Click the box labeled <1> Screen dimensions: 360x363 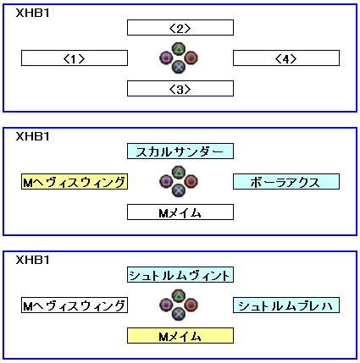(75, 58)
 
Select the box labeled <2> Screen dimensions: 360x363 (180, 28)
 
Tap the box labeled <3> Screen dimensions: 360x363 (180, 89)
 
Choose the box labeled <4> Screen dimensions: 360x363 (286, 58)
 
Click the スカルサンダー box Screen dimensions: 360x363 (180, 151)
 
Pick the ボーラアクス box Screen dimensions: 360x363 (286, 182)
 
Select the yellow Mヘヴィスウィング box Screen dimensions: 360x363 (75, 182)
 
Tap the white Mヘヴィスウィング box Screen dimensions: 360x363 (75, 305)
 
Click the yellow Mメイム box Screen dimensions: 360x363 (180, 336)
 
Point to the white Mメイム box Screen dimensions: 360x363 (180, 212)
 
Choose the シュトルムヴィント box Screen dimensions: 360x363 (180, 275)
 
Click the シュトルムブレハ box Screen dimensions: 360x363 (286, 305)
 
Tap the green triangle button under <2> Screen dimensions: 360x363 (179, 49)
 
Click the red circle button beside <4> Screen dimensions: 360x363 (191, 58)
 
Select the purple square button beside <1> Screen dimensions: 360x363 (166, 58)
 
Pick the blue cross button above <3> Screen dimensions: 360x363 (179, 67)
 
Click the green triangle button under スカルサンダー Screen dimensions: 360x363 (179, 173)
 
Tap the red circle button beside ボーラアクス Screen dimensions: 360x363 (191, 181)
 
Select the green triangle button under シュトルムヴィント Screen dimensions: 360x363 (179, 296)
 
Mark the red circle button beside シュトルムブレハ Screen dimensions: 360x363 (191, 305)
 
